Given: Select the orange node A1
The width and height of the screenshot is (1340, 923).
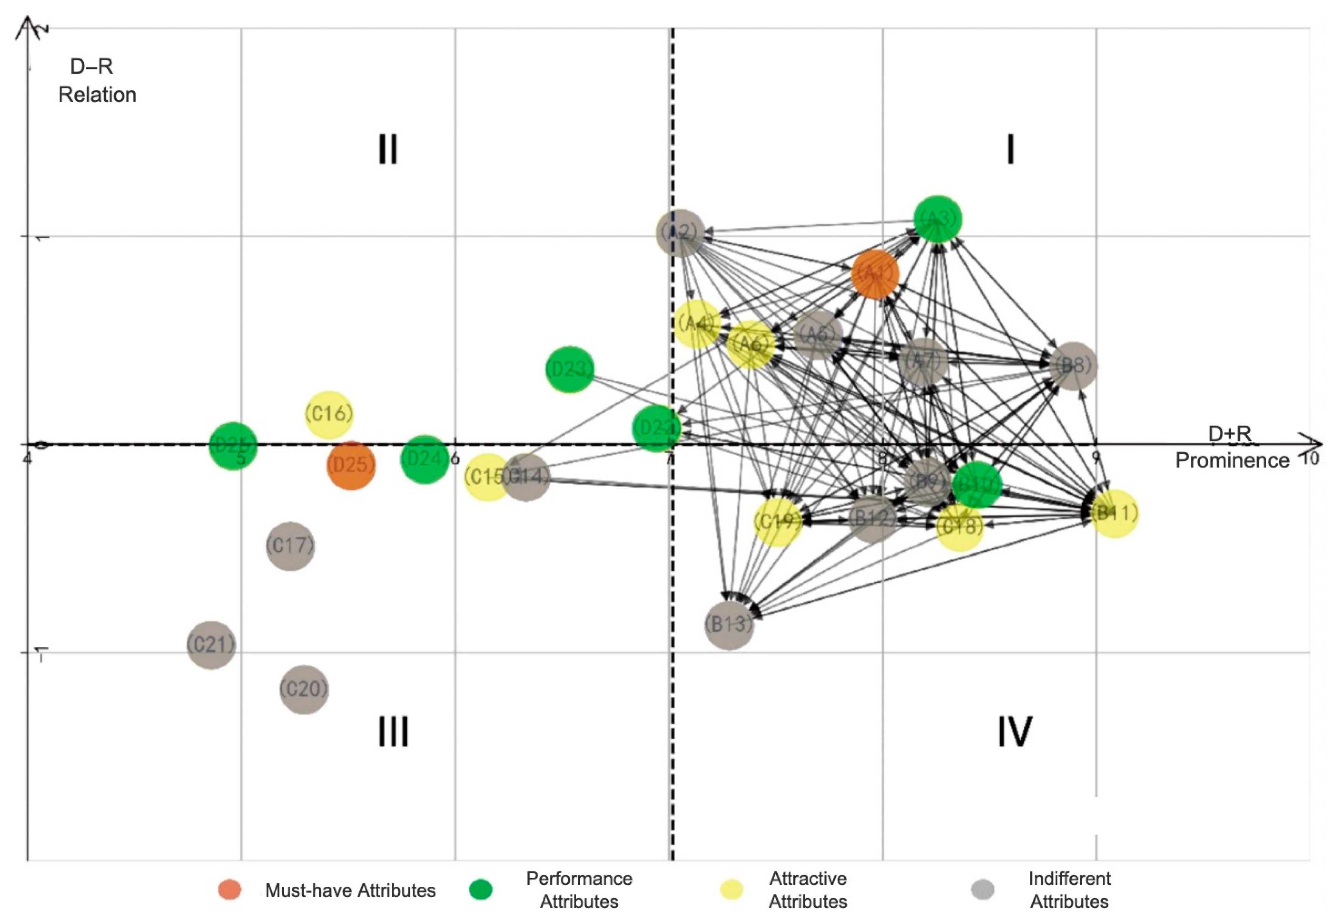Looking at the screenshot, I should [875, 274].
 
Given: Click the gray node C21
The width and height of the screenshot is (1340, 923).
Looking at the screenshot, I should [211, 645].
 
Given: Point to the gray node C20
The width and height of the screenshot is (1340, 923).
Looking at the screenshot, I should [304, 689].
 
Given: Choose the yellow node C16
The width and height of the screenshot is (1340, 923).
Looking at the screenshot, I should [329, 414].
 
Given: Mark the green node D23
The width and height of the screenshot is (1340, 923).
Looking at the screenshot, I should [570, 370].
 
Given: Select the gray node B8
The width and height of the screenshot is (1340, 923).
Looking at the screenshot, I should [1073, 366].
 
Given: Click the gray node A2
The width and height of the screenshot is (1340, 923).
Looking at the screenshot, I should [681, 233].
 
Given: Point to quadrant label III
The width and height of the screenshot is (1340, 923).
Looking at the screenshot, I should [393, 732].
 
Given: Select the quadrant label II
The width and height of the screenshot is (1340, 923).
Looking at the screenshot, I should [388, 149].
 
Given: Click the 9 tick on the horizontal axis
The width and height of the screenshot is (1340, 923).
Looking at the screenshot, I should [1095, 457].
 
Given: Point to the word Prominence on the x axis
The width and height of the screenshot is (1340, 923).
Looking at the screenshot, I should [1232, 460].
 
